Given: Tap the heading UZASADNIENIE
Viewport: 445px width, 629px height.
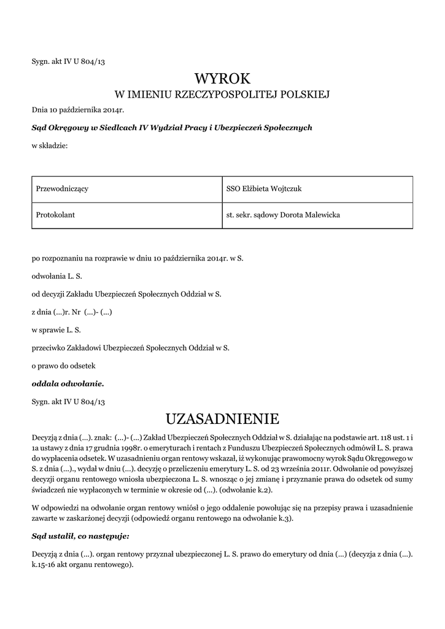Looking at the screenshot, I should (222, 419).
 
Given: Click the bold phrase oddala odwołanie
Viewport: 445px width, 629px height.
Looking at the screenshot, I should (68, 384).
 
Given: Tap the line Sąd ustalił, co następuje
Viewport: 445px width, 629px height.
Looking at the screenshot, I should (80, 536).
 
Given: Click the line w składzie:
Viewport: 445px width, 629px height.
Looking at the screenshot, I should (50, 146).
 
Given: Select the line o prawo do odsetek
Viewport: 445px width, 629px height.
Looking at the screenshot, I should (63, 365).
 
